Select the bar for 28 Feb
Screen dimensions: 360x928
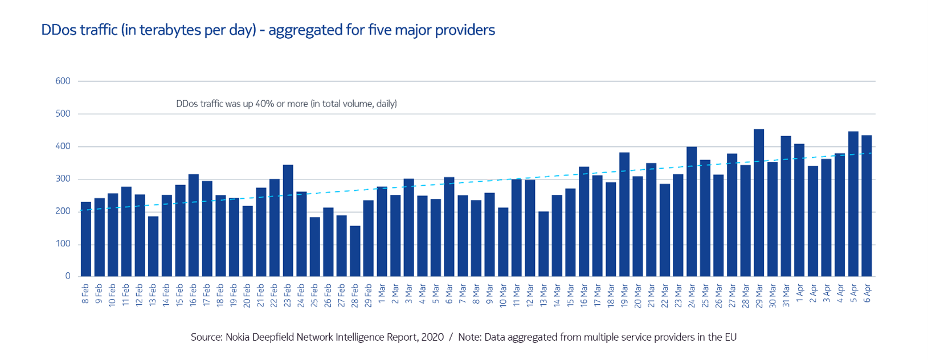[355, 251]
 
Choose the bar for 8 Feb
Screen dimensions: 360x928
[86, 239]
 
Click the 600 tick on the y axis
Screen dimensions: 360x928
[63, 81]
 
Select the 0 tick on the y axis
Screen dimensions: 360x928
[68, 276]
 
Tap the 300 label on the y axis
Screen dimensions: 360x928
[63, 179]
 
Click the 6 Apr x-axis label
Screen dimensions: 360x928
[867, 293]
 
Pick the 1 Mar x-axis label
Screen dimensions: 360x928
[382, 293]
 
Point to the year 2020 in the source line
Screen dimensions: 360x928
[432, 337]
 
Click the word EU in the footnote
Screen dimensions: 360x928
[729, 337]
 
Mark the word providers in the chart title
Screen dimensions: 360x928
[465, 30]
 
